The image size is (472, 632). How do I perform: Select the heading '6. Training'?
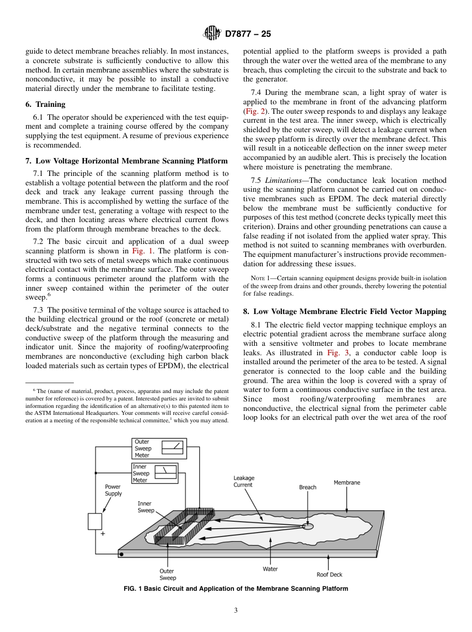45,104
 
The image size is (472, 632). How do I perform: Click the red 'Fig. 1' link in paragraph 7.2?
142,251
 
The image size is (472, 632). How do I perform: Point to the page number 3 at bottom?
236,611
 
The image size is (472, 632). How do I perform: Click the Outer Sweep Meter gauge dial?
172,448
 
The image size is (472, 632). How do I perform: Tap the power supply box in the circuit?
95,521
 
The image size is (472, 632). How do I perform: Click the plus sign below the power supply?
103,534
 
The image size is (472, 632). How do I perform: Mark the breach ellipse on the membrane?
308,526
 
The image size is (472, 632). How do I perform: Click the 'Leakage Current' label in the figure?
243,481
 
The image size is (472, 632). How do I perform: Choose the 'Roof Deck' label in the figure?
329,574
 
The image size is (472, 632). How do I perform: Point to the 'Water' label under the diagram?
270,569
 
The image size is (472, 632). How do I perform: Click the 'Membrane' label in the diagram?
347,482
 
